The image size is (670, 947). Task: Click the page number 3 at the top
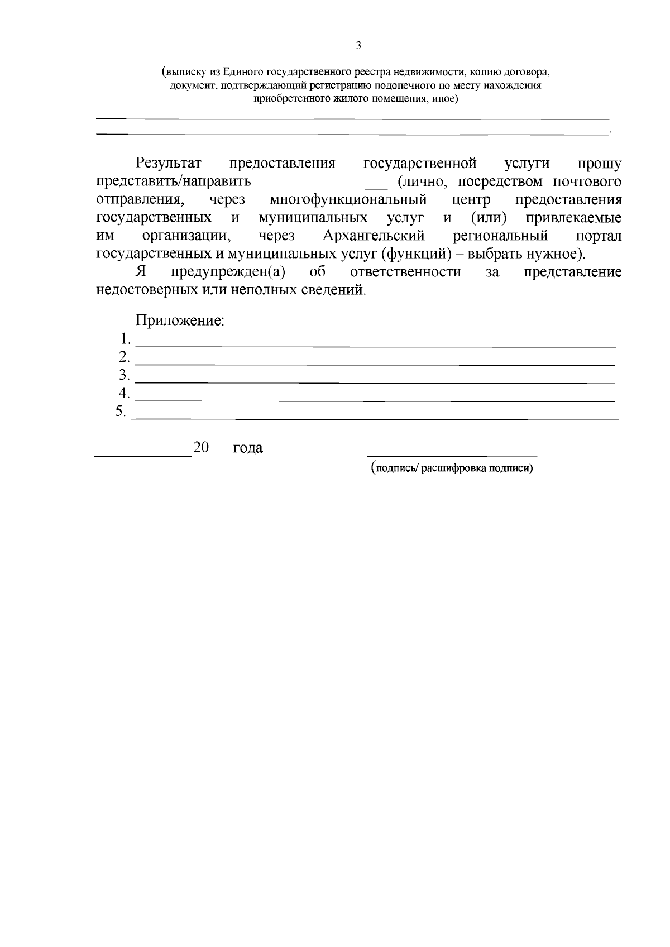pyautogui.click(x=358, y=46)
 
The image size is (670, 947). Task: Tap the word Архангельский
pyautogui.click(x=374, y=236)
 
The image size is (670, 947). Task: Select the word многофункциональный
pyautogui.click(x=348, y=199)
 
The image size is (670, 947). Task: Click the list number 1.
pyautogui.click(x=125, y=339)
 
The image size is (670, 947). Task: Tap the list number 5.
pyautogui.click(x=121, y=412)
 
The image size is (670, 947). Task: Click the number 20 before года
pyautogui.click(x=200, y=447)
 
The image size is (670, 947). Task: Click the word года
pyautogui.click(x=248, y=448)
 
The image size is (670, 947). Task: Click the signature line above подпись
pyautogui.click(x=451, y=456)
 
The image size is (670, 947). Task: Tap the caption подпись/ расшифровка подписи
pyautogui.click(x=452, y=469)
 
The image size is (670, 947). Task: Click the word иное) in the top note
pyautogui.click(x=445, y=99)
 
